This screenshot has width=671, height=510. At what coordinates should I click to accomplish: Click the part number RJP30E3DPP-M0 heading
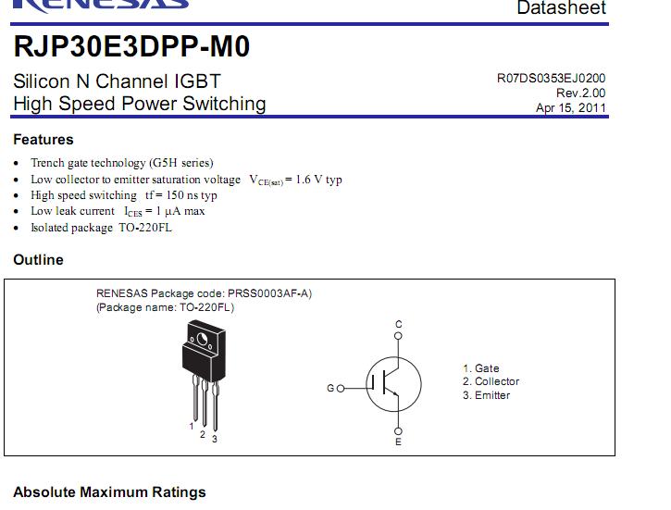pos(131,46)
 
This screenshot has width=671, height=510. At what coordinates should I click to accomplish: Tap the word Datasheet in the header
pos(562,7)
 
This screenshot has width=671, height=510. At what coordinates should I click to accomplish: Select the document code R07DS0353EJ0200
pos(552,79)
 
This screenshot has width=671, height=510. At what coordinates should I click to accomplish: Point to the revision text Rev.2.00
pos(580,93)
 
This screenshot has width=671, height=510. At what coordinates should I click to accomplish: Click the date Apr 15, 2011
pos(571,107)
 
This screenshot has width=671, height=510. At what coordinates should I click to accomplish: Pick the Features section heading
pos(43,140)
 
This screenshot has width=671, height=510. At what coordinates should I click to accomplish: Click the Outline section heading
pos(38,260)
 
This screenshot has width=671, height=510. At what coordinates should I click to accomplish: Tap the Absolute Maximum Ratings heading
pos(109,492)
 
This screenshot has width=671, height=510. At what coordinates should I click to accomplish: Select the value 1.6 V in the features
pos(309,180)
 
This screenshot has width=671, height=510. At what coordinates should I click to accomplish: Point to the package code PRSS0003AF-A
pos(268,293)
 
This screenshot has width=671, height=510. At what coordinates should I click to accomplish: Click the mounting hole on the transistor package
pos(202,340)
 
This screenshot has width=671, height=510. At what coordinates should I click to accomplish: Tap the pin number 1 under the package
pos(192,426)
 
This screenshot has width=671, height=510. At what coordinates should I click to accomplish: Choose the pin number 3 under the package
pos(215,439)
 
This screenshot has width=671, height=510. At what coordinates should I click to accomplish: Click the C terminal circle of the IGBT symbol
pos(398,336)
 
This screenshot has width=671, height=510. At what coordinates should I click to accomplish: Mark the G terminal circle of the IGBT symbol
pos(341,389)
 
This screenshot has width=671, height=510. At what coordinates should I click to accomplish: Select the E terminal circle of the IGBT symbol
pos(398,430)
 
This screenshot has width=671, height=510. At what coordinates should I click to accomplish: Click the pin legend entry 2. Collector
pos(491,381)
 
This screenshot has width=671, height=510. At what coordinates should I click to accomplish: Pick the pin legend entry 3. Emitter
pos(486,395)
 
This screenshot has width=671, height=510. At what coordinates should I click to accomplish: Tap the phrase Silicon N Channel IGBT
pos(117,81)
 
